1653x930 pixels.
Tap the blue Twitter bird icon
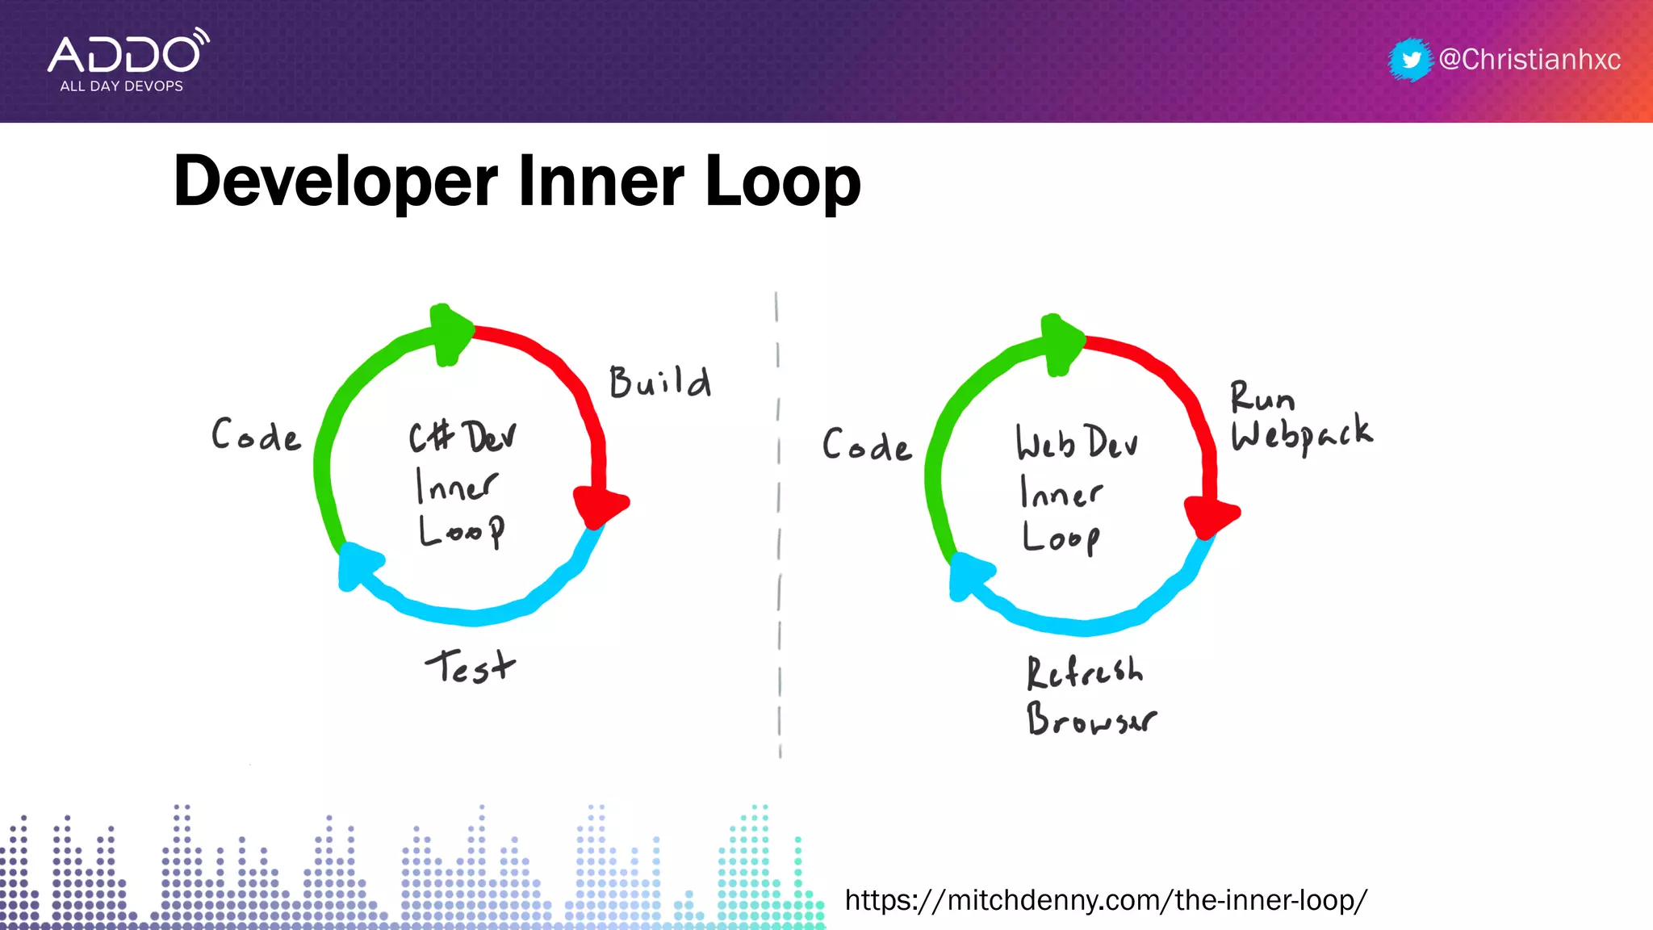click(x=1410, y=60)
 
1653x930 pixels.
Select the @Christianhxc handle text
click(x=1530, y=60)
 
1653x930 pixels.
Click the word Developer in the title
click(x=336, y=182)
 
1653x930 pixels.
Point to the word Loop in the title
click(x=782, y=181)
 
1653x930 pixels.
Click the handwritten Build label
click(x=659, y=382)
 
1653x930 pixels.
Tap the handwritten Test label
click(x=470, y=667)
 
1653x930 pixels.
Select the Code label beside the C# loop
click(x=256, y=435)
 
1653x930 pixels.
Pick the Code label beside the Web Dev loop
click(x=867, y=446)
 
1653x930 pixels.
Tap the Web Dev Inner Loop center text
click(x=1073, y=489)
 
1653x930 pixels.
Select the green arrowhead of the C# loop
click(x=450, y=333)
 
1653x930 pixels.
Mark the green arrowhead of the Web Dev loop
click(x=1061, y=342)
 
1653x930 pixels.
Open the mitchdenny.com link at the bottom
click(x=1106, y=899)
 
